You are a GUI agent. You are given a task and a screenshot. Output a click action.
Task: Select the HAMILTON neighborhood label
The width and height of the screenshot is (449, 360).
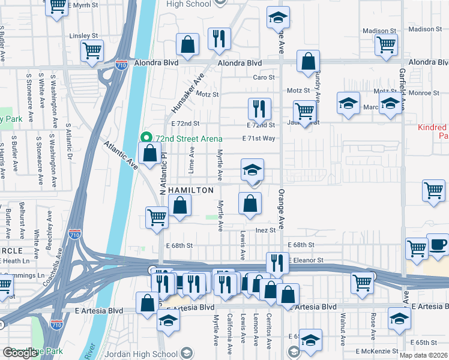(x=190, y=190)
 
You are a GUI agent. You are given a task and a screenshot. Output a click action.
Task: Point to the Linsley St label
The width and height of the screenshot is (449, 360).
(x=83, y=36)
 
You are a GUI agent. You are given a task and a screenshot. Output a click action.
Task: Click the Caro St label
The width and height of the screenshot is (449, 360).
(x=264, y=77)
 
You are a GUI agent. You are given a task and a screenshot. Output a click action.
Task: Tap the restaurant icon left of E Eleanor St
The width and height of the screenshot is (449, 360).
(x=277, y=263)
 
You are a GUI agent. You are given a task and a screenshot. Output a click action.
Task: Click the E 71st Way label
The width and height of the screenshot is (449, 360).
(x=259, y=138)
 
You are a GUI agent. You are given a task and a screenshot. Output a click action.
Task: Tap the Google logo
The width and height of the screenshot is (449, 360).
(x=20, y=353)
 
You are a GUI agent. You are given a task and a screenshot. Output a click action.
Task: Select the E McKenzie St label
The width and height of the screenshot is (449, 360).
(x=378, y=350)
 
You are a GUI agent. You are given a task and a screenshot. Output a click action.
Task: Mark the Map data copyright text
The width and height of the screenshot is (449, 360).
(x=423, y=355)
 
